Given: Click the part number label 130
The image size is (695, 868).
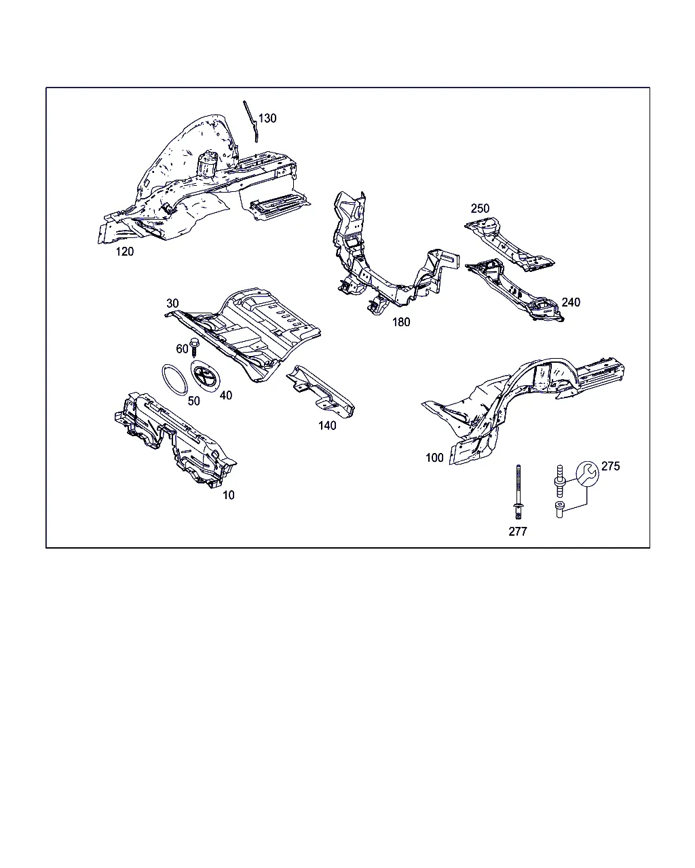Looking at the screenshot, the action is pyautogui.click(x=267, y=118).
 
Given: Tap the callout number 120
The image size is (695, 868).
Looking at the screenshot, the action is pyautogui.click(x=124, y=252).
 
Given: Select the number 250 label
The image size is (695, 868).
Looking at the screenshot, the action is pyautogui.click(x=480, y=208).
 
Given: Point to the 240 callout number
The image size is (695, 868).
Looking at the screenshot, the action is pyautogui.click(x=571, y=302).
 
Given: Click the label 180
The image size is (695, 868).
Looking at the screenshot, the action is pyautogui.click(x=401, y=322).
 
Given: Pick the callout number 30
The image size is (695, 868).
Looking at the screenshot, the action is pyautogui.click(x=172, y=303).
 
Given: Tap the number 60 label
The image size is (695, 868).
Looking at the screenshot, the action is pyautogui.click(x=182, y=349).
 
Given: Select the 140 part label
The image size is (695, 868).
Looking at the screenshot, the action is pyautogui.click(x=327, y=426).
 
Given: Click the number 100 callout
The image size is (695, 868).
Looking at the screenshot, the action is pyautogui.click(x=434, y=457).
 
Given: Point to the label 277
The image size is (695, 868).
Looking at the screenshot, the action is pyautogui.click(x=518, y=531).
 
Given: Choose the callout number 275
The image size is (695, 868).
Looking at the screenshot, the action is pyautogui.click(x=610, y=466).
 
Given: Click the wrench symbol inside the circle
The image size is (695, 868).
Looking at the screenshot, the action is pyautogui.click(x=587, y=473).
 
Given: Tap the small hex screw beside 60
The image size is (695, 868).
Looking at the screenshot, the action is pyautogui.click(x=194, y=347).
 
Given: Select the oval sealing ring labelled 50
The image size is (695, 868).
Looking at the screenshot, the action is pyautogui.click(x=174, y=380).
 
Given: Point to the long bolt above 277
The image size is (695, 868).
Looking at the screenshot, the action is pyautogui.click(x=519, y=492).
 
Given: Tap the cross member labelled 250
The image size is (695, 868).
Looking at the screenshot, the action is pyautogui.click(x=509, y=243).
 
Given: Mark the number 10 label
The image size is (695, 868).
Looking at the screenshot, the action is pyautogui.click(x=229, y=495).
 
